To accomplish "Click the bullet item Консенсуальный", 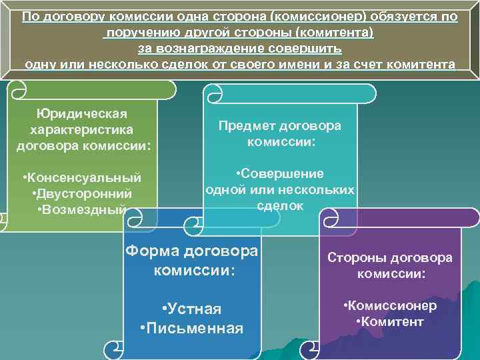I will (x=82, y=178).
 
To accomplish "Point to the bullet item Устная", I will (x=191, y=309).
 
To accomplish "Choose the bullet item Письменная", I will (x=191, y=329).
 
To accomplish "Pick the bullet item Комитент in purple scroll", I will (x=390, y=321).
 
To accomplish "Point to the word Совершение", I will (x=280, y=173).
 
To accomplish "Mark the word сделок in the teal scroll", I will (x=280, y=206).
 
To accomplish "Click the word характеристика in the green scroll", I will (x=82, y=129).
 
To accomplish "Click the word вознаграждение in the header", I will (x=221, y=49).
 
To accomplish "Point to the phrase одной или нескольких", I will (x=280, y=189).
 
